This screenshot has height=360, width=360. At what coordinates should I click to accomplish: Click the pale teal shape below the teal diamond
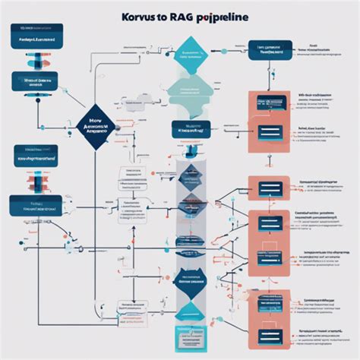pos(188,91)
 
